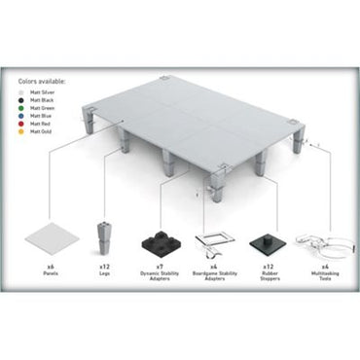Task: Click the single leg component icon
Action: [x=104, y=237]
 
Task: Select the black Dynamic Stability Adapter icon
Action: [x=158, y=242]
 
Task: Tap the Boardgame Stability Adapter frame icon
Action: [x=213, y=240]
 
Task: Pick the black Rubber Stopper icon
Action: [x=266, y=240]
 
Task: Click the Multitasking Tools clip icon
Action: [x=318, y=241]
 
